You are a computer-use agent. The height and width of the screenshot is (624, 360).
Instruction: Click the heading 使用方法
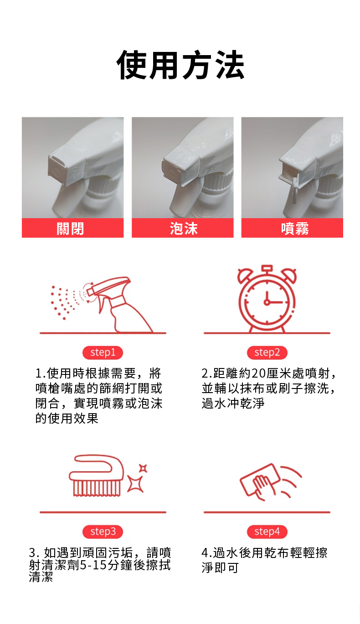[180, 65]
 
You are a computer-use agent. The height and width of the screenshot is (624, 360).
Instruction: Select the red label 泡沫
[183, 228]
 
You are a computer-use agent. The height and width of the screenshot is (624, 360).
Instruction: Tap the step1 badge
[103, 353]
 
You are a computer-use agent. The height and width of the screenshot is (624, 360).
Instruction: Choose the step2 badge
[267, 353]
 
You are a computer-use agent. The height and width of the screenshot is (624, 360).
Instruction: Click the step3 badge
[103, 532]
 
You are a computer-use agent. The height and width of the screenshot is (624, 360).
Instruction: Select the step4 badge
[267, 532]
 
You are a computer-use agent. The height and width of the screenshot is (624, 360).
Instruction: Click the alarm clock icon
[267, 299]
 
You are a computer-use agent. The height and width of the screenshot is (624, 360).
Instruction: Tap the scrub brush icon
[96, 476]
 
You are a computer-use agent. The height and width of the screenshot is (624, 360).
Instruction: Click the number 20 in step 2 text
[258, 373]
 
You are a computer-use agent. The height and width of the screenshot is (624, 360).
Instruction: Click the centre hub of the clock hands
[267, 302]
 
